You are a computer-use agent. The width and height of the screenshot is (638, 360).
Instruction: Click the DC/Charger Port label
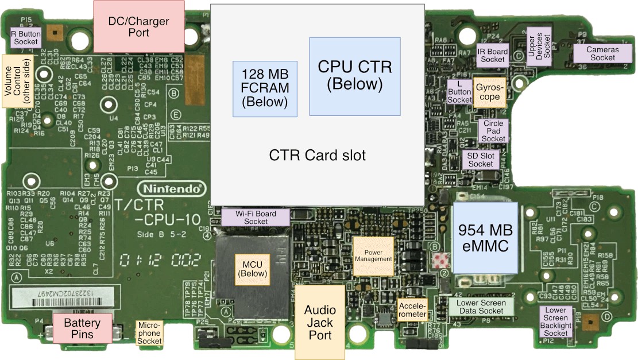click(x=138, y=27)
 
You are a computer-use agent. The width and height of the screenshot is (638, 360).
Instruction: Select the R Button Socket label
click(x=26, y=37)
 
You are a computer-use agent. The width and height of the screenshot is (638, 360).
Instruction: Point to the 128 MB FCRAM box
click(x=265, y=88)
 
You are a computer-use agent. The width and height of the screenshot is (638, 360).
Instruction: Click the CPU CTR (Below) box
click(x=354, y=76)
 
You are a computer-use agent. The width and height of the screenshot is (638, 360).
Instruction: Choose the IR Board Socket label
click(x=493, y=55)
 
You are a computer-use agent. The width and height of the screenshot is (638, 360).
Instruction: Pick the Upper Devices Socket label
click(x=540, y=44)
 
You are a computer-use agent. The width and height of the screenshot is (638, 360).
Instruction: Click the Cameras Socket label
click(x=602, y=53)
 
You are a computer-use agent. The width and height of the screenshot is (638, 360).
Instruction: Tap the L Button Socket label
click(x=459, y=91)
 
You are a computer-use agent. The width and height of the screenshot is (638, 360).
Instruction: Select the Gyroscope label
click(x=490, y=92)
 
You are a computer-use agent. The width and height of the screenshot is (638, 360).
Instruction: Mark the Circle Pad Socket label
click(x=493, y=131)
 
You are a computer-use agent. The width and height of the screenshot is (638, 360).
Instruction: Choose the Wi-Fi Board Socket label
click(x=256, y=217)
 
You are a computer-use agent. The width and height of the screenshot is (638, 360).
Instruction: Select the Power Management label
click(x=373, y=255)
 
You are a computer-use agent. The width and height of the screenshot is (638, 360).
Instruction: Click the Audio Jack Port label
click(x=320, y=323)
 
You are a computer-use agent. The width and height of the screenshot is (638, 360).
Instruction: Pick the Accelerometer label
click(x=412, y=310)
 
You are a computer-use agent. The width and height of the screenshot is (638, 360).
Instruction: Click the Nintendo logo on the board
click(x=171, y=188)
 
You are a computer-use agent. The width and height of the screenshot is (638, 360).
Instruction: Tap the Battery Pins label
click(x=82, y=328)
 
